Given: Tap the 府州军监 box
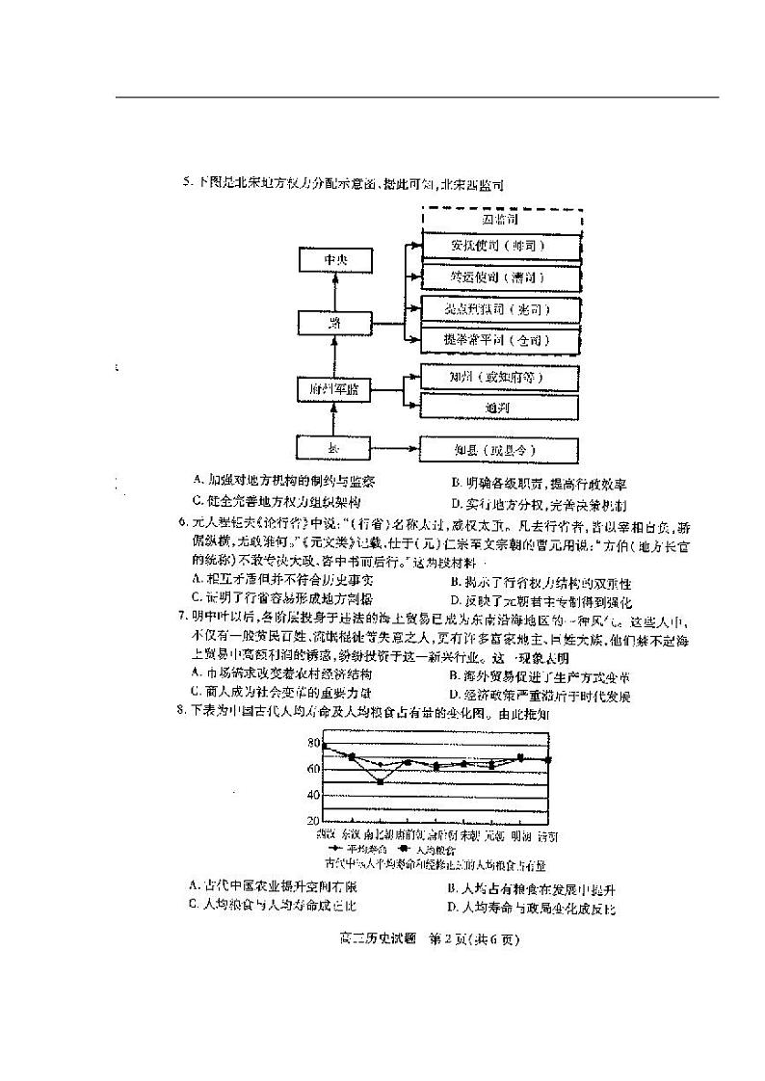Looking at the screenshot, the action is coord(332,388).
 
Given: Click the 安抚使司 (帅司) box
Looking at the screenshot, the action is coord(501,247).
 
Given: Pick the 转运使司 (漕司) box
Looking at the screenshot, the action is coord(501,277).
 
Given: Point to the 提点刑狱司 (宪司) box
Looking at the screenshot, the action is coord(501,310).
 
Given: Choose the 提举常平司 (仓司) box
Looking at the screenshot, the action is coord(501,340).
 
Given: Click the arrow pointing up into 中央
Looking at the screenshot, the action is coord(331,290).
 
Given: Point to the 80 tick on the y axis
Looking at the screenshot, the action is coord(313,743).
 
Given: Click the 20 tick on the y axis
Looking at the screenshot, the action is coord(313,820).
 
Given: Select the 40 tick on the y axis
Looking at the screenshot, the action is coord(313,795).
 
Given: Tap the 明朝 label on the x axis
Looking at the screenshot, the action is coord(521,833).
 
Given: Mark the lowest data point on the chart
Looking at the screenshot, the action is coord(381,781).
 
